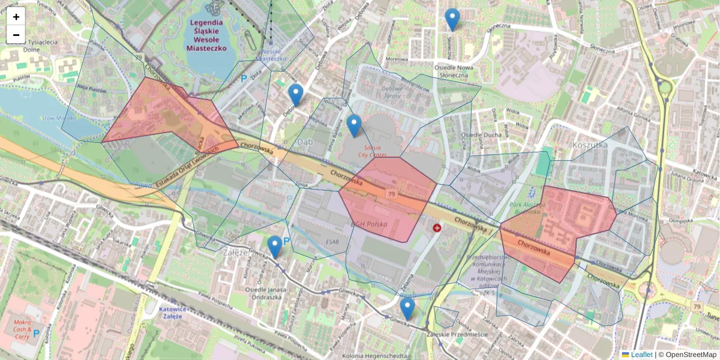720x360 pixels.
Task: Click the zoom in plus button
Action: click(16, 17)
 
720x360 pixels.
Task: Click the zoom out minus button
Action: click(16, 35)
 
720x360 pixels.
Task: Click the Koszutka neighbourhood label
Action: click(590, 145)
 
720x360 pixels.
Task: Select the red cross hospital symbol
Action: click(437, 229)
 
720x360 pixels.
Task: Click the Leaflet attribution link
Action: click(641, 355)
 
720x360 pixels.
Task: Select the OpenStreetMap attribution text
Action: click(690, 355)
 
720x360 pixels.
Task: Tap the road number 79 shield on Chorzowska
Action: click(391, 194)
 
